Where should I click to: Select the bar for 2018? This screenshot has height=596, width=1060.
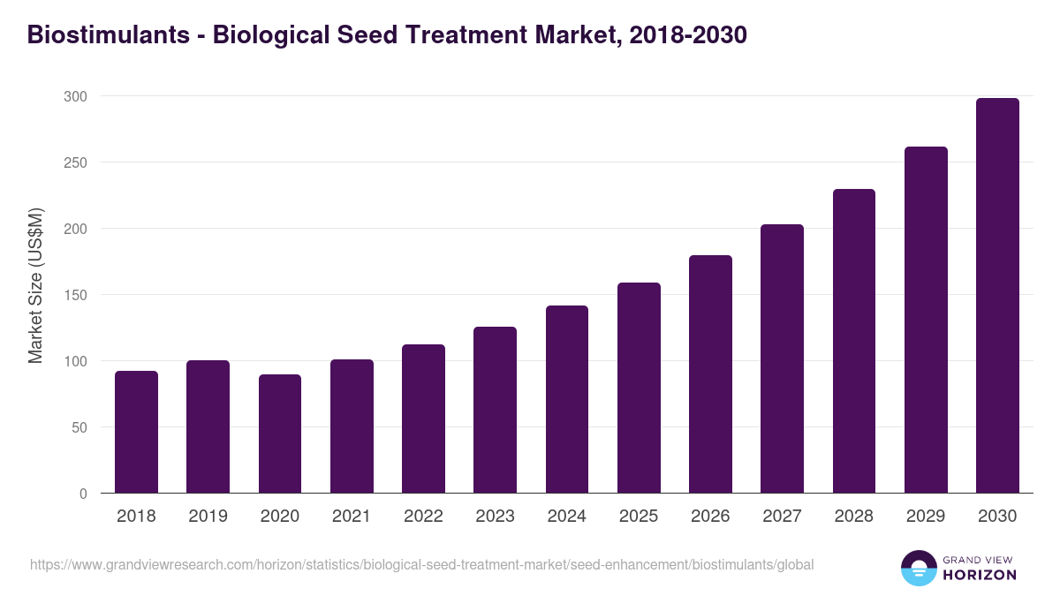click(136, 432)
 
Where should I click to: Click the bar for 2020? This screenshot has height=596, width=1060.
click(280, 434)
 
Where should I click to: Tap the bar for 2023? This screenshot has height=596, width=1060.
click(495, 410)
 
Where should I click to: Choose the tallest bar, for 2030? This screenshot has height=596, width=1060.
click(997, 295)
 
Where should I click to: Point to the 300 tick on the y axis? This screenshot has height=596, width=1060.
click(76, 96)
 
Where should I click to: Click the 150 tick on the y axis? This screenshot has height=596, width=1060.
click(76, 295)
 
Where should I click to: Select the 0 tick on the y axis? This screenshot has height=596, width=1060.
click(83, 494)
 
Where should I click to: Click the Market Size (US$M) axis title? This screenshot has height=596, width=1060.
click(35, 285)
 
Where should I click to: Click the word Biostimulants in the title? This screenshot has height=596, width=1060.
click(109, 34)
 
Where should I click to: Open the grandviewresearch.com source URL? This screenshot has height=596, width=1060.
click(421, 564)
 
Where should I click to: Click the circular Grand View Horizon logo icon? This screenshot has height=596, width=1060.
click(918, 568)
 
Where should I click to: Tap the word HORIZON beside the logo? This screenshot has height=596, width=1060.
click(979, 575)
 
